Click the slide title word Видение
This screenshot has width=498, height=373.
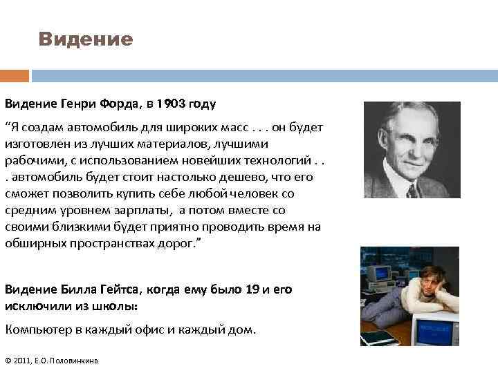tap(85, 39)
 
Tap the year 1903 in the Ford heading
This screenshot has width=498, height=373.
tap(170, 104)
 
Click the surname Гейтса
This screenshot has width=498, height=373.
tap(123, 290)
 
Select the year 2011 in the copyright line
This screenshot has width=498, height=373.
tap(23, 361)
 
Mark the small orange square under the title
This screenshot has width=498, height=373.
tap(15, 75)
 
